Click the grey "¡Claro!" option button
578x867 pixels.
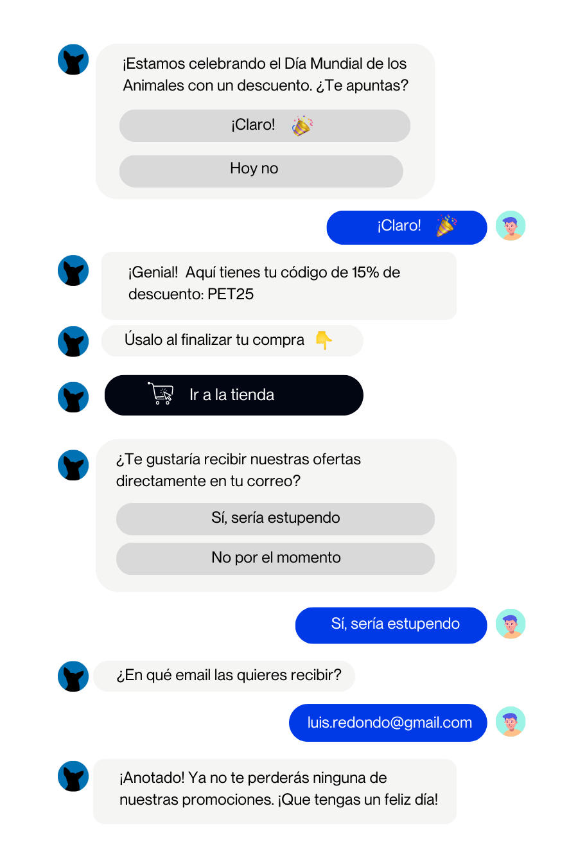click(x=265, y=125)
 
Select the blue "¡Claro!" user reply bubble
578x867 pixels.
click(x=407, y=227)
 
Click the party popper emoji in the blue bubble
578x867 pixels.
click(x=446, y=226)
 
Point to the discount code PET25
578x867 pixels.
click(x=231, y=294)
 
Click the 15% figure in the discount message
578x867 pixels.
click(x=365, y=272)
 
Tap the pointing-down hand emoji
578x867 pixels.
click(x=324, y=340)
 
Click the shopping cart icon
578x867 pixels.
click(x=161, y=393)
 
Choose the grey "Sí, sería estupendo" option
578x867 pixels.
click(x=275, y=518)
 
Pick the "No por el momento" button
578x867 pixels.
click(x=275, y=558)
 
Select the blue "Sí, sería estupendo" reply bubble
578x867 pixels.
click(x=391, y=625)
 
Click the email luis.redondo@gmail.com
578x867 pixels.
click(x=389, y=722)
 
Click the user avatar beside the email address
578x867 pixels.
click(x=511, y=722)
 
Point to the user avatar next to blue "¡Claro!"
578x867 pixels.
click(x=511, y=226)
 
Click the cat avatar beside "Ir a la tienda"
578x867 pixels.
click(x=73, y=396)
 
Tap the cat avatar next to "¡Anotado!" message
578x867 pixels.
click(x=73, y=775)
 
